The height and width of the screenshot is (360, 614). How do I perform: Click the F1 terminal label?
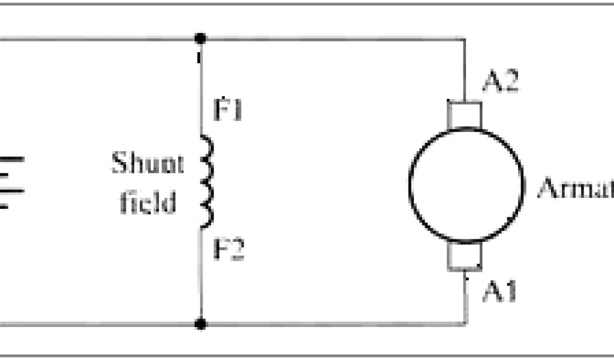(x=228, y=112)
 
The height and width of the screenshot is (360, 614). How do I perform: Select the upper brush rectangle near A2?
(x=465, y=114)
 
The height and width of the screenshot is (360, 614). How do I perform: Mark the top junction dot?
(x=201, y=38)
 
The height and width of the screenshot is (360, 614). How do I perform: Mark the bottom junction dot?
(x=201, y=325)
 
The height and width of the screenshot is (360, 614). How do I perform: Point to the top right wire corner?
(x=465, y=39)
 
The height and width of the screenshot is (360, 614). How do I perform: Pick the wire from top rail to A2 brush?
(x=465, y=70)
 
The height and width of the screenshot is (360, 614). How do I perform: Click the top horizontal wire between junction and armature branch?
(x=333, y=39)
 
